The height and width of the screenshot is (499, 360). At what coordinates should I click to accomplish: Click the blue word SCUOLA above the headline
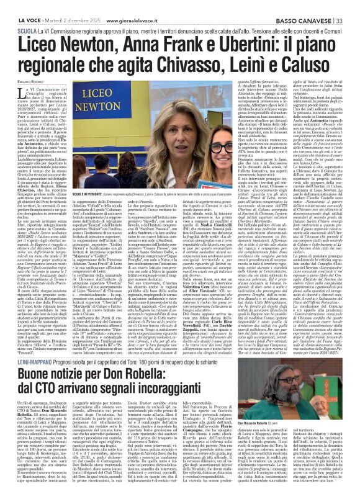pyautogui.click(x=27, y=16)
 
